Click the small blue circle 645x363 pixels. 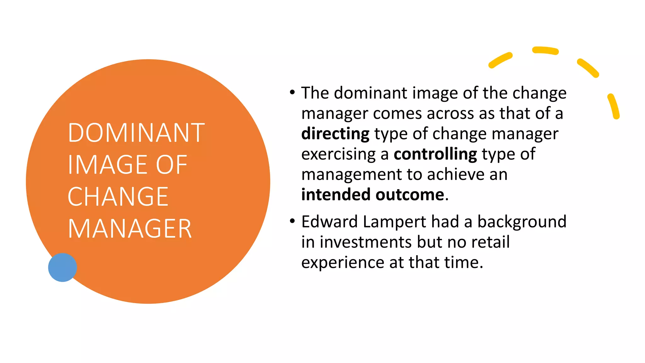[62, 267]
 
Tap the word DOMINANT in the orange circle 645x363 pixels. [136, 133]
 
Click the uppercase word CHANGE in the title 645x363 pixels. [118, 197]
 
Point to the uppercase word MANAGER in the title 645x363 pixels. [129, 229]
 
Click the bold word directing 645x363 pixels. [335, 134]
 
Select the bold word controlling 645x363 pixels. [435, 154]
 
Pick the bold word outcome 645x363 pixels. [410, 194]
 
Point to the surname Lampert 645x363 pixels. [394, 222]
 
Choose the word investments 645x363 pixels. [366, 242]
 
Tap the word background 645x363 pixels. [522, 222]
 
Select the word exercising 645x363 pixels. [339, 154]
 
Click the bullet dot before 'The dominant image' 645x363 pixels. [292, 93]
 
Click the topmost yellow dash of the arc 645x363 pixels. [545, 50]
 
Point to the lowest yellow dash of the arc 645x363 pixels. [614, 106]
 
